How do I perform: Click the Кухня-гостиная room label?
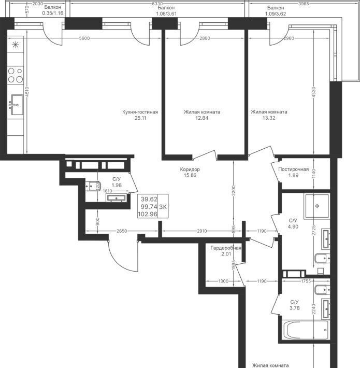click(x=140, y=112)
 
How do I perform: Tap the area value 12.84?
click(x=201, y=118)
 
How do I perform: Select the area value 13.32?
click(x=269, y=118)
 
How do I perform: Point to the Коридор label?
click(x=190, y=169)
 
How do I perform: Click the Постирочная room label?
click(x=293, y=169)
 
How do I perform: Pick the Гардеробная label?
click(x=226, y=248)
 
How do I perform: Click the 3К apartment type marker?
click(x=163, y=207)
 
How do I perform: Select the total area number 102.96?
click(x=148, y=214)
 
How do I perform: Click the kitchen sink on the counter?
click(x=16, y=105)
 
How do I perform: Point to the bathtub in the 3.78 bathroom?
click(x=306, y=330)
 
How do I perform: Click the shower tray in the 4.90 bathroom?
click(x=317, y=206)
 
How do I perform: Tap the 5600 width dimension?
click(x=84, y=38)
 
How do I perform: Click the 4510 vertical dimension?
click(x=27, y=92)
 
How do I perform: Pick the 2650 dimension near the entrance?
click(x=122, y=231)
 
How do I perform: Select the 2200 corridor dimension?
click(x=234, y=191)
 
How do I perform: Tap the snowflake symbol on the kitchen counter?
click(x=16, y=45)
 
